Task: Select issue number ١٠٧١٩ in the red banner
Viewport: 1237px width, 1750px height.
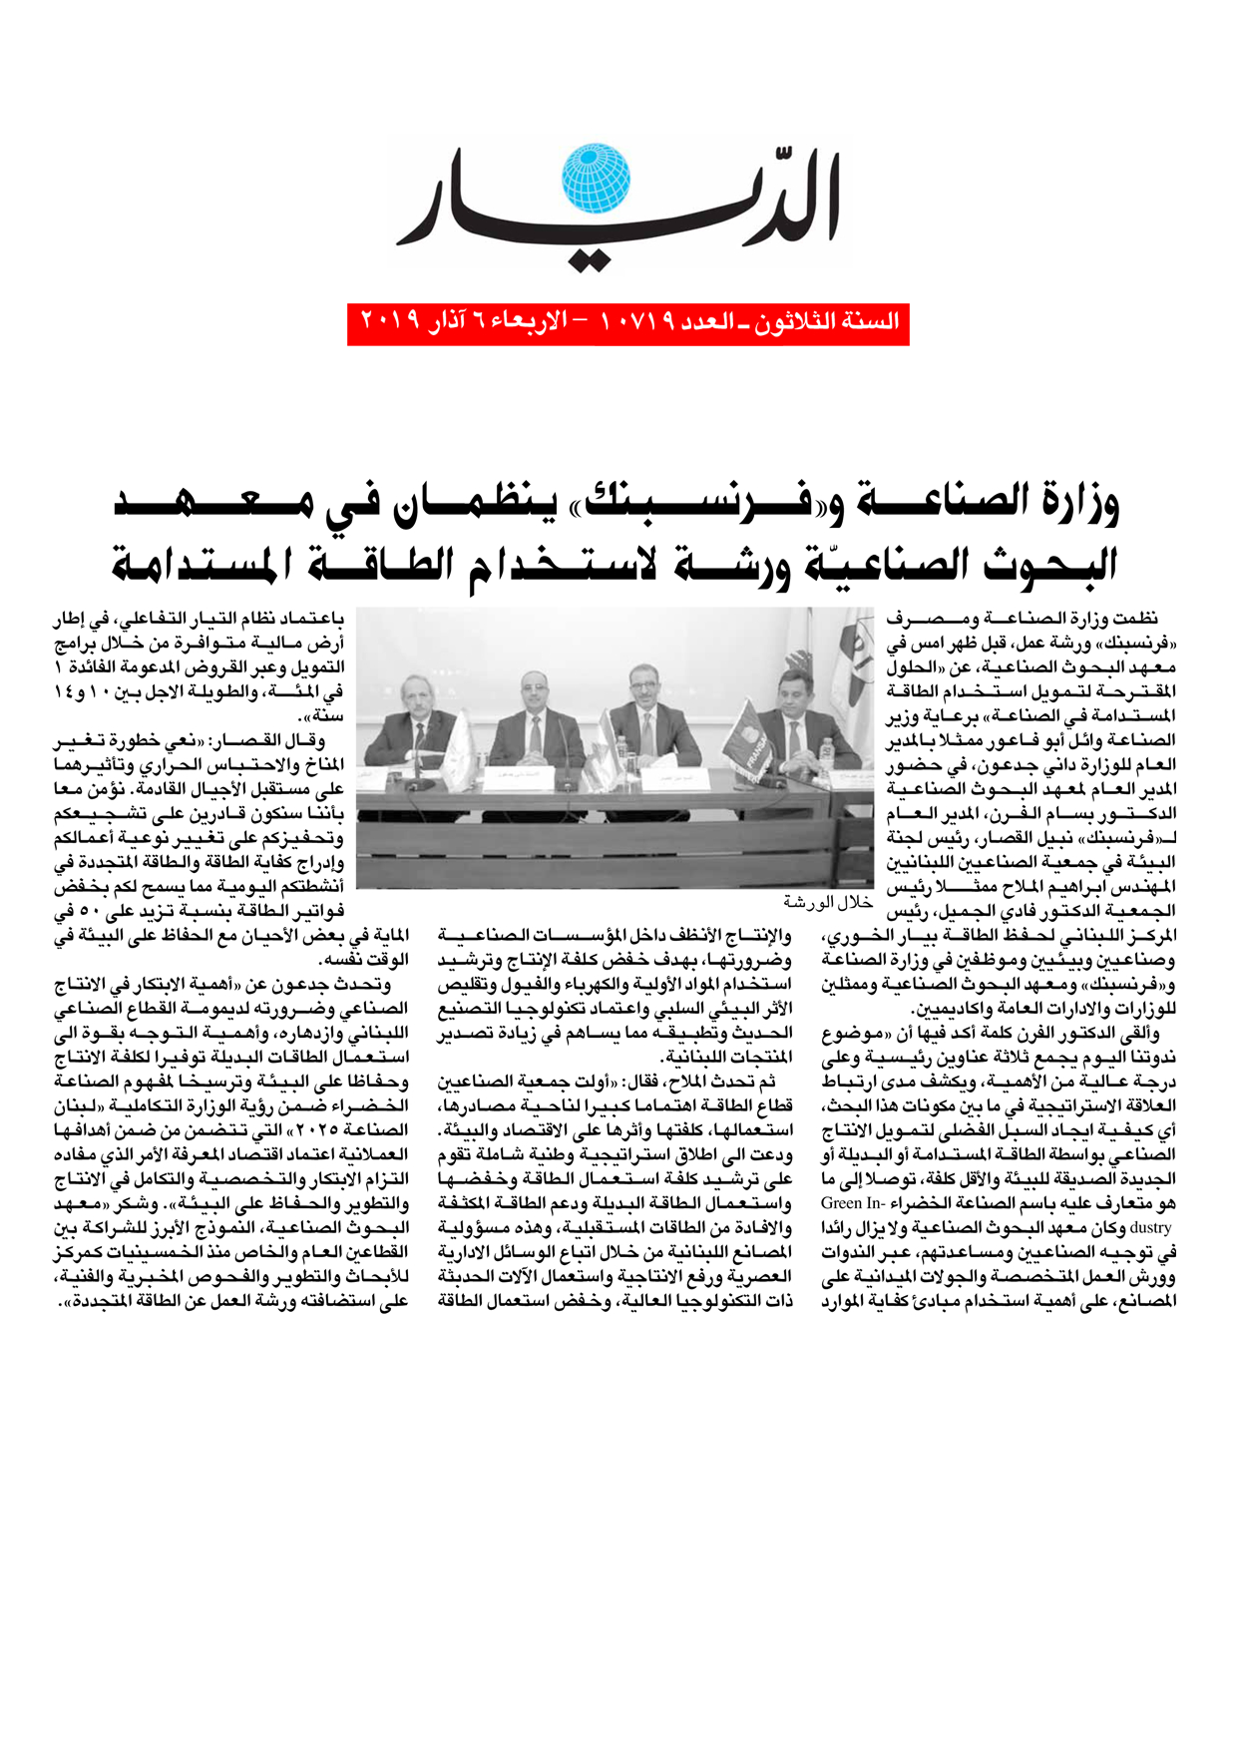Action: (x=637, y=321)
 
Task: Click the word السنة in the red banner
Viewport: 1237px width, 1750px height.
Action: (x=874, y=321)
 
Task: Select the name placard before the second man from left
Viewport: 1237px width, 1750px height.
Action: (x=509, y=774)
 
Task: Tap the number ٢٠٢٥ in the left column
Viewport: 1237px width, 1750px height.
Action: (x=363, y=1130)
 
